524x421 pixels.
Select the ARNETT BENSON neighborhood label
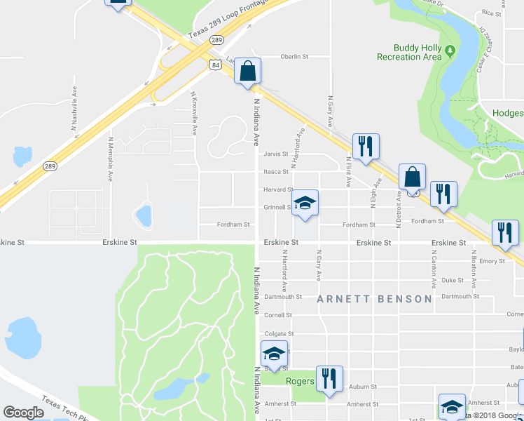374,299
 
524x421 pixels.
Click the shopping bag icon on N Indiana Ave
247,71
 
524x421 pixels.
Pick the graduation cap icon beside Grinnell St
304,203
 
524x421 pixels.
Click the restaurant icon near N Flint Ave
365,147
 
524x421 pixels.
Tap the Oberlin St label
294,57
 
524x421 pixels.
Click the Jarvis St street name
275,154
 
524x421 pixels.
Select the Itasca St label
275,171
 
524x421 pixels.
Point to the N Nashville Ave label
74,108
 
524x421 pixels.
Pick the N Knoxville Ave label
195,113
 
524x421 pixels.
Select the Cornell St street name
277,315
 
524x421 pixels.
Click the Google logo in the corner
23,413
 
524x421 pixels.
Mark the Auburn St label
363,386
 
